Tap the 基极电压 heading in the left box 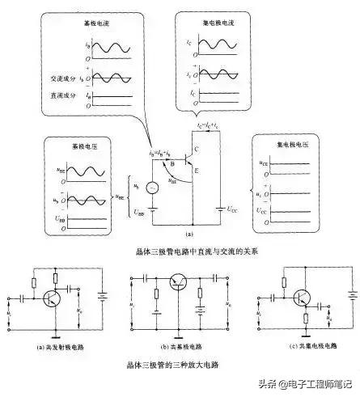(62, 149)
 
